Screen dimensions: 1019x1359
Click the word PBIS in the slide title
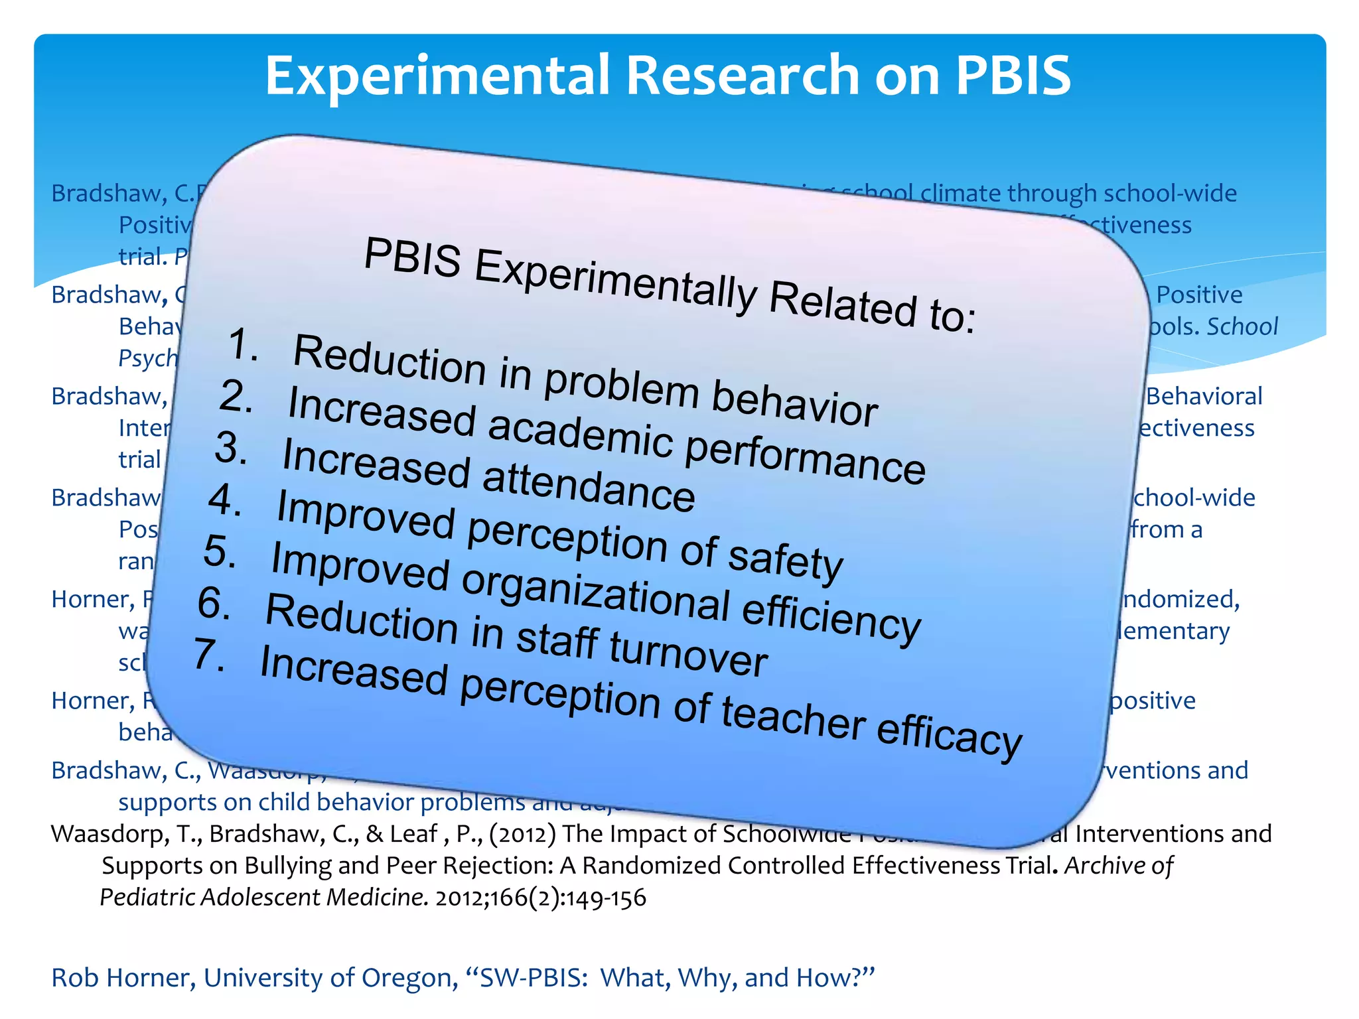(x=1013, y=75)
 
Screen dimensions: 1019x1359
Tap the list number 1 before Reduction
(x=243, y=345)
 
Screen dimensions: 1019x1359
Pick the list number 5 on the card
(x=220, y=551)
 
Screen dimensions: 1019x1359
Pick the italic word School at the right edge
(x=1242, y=326)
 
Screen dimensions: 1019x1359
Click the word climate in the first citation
(x=962, y=193)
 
